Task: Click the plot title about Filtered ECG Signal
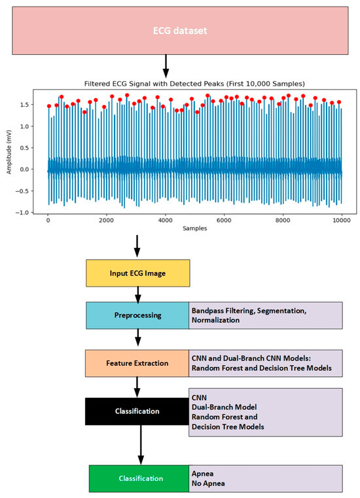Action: (x=194, y=83)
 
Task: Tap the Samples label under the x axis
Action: (x=194, y=229)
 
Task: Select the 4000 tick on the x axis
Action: (x=165, y=220)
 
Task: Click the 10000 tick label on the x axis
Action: (x=341, y=220)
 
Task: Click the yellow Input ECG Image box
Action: (x=138, y=273)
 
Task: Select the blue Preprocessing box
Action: (x=138, y=315)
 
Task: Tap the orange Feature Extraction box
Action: (x=138, y=363)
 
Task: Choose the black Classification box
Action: (x=138, y=411)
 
